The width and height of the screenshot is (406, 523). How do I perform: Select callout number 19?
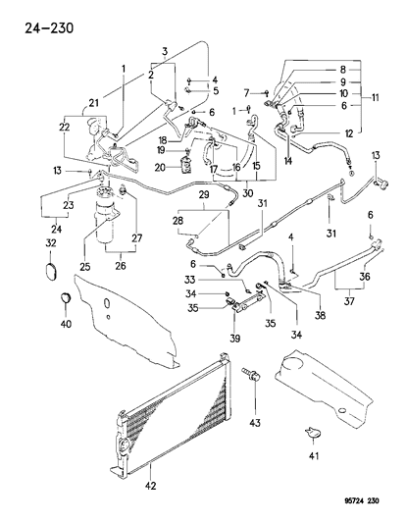[158, 151]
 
